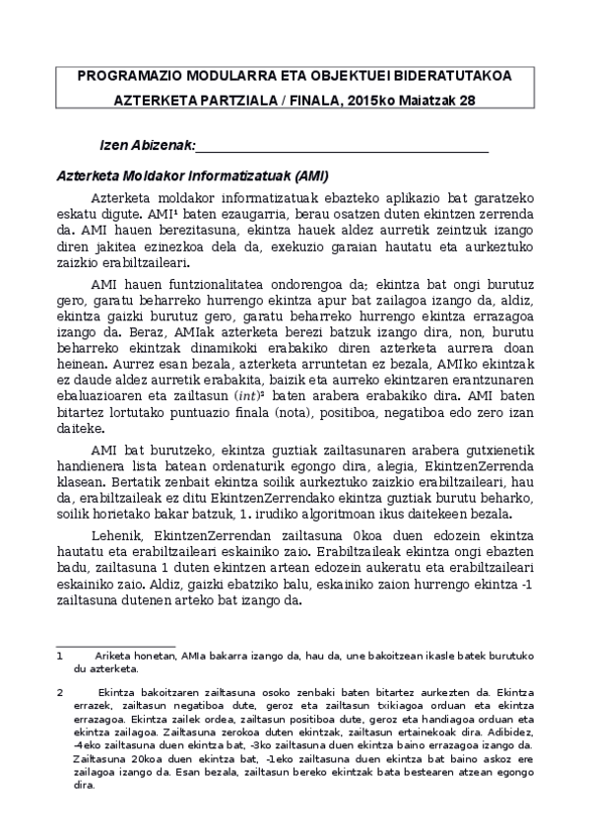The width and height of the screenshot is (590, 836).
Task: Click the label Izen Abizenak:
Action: pos(148,146)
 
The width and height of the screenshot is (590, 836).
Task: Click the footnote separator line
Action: pos(115,647)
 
